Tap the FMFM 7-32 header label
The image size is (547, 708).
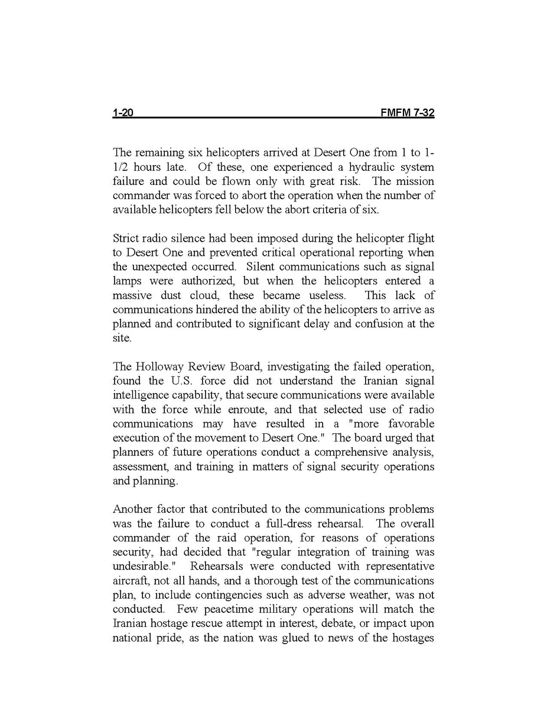408,112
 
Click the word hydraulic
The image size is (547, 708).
343,167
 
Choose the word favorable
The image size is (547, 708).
411,424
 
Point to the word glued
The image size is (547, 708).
319,638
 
